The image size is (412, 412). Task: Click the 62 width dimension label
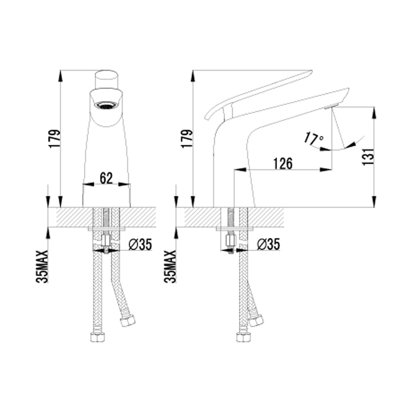[x=106, y=178]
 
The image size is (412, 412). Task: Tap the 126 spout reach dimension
[x=283, y=164]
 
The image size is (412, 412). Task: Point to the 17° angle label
[x=314, y=139]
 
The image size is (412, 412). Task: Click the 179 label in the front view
[x=55, y=139]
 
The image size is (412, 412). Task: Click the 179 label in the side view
[x=187, y=139]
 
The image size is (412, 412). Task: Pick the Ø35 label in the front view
[x=140, y=245]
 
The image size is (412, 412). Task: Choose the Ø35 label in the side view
[x=268, y=245]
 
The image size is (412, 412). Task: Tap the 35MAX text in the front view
[x=42, y=266]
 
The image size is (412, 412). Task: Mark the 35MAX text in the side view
[x=170, y=266]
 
